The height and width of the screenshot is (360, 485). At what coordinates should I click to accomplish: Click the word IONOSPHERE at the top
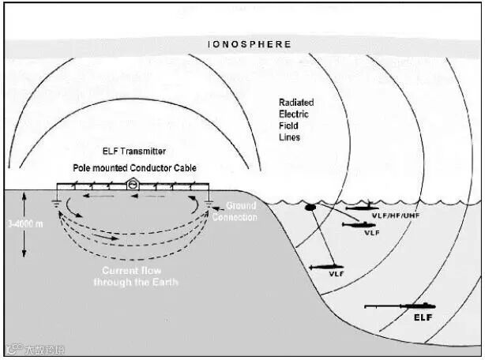click(249, 45)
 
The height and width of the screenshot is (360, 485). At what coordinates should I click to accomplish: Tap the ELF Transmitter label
click(134, 151)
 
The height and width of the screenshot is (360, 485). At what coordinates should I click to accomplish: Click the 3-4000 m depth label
click(23, 223)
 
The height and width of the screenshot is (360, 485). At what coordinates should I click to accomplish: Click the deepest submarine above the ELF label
click(401, 306)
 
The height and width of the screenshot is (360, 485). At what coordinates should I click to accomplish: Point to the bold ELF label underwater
click(424, 318)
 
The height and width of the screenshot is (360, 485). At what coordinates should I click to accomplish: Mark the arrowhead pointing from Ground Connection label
click(214, 207)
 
